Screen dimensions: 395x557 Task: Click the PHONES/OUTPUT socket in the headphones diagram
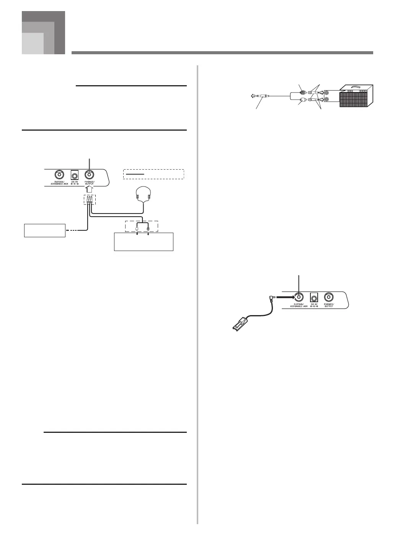(90, 175)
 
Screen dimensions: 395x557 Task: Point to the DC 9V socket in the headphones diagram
(74, 175)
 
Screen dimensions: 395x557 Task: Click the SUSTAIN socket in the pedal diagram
(299, 297)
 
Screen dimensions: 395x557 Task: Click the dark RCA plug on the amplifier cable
(303, 92)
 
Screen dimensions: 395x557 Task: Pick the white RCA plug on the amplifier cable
(302, 101)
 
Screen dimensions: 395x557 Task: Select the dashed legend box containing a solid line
(153, 174)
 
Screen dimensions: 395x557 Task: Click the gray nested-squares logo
(43, 33)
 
